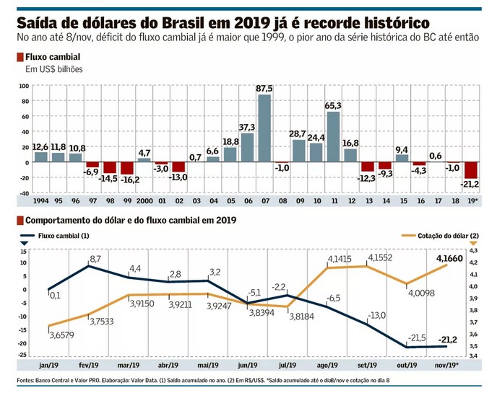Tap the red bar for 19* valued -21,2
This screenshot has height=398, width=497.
tap(471, 169)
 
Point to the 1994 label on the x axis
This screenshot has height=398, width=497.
tap(40, 201)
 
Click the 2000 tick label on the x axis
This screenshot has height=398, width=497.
tap(144, 201)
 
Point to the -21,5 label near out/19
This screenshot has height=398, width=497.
tap(397, 337)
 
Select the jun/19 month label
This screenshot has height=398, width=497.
tap(247, 365)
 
